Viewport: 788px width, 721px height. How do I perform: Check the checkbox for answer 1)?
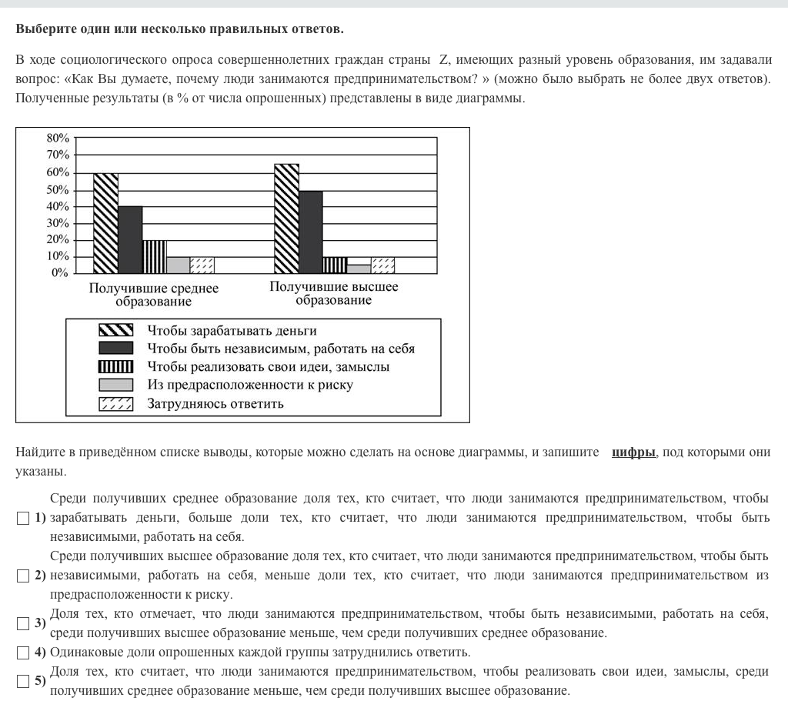[x=23, y=519]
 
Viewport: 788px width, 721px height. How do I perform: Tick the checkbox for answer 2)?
[x=23, y=576]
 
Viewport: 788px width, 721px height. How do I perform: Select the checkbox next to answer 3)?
[x=23, y=624]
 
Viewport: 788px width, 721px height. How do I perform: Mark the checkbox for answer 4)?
[x=23, y=653]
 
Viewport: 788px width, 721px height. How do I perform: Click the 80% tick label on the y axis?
[x=58, y=139]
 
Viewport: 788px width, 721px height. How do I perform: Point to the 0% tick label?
[x=61, y=273]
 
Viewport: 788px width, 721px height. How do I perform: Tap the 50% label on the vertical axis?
[x=58, y=190]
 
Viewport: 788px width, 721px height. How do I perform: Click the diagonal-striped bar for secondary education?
[x=105, y=223]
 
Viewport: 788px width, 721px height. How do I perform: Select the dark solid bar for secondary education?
[x=130, y=239]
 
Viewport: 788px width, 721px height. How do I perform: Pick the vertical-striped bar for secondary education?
[x=154, y=256]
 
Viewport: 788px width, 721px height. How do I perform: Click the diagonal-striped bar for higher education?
[x=286, y=219]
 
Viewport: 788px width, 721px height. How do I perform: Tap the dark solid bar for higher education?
[x=310, y=232]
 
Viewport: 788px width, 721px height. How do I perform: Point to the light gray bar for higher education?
[x=359, y=269]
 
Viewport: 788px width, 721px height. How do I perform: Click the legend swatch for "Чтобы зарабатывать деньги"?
[x=115, y=331]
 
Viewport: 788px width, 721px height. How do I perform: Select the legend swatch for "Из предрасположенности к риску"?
[x=115, y=385]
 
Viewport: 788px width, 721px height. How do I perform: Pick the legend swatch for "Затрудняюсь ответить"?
[x=115, y=403]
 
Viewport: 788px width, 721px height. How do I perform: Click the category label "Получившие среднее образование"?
[x=154, y=295]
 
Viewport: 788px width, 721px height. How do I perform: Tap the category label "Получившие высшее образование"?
[x=334, y=293]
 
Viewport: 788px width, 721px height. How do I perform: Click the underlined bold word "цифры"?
[x=633, y=452]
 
